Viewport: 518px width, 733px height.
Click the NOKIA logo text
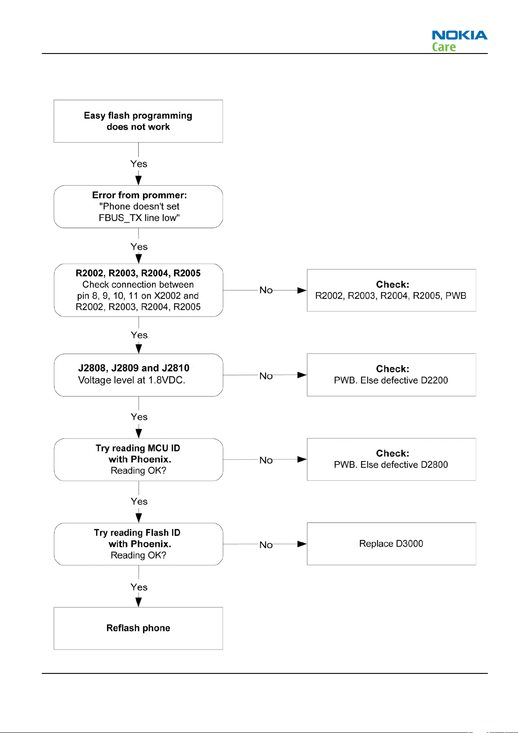point(459,35)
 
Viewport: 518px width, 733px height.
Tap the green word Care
point(444,47)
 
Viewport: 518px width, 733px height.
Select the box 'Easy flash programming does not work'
point(138,121)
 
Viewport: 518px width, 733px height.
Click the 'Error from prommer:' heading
point(139,195)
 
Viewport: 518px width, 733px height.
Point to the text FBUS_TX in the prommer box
point(120,218)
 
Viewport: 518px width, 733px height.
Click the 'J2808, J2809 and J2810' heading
point(134,368)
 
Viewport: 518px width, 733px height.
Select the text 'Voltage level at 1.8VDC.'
point(132,380)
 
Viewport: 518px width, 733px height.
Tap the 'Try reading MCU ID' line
point(138,449)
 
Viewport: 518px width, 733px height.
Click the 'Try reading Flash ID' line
point(137,533)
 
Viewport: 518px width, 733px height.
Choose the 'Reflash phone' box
point(138,628)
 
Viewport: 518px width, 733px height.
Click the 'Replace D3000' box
point(392,544)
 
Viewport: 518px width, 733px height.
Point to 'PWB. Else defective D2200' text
point(391,380)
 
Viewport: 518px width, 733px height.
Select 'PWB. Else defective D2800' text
point(391,465)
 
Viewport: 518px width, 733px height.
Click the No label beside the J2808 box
point(266,376)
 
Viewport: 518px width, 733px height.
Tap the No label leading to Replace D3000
point(266,545)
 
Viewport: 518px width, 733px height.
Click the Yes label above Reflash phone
point(139,587)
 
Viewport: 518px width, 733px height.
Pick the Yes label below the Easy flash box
point(139,164)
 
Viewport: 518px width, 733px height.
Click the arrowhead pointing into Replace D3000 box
point(302,544)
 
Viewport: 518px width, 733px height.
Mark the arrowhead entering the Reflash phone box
point(139,602)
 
